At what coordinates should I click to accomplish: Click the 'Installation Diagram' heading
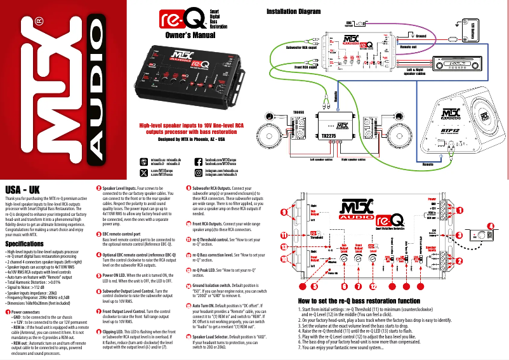(298, 12)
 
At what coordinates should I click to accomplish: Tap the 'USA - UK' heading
(23, 190)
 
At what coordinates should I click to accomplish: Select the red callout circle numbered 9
(293, 212)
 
